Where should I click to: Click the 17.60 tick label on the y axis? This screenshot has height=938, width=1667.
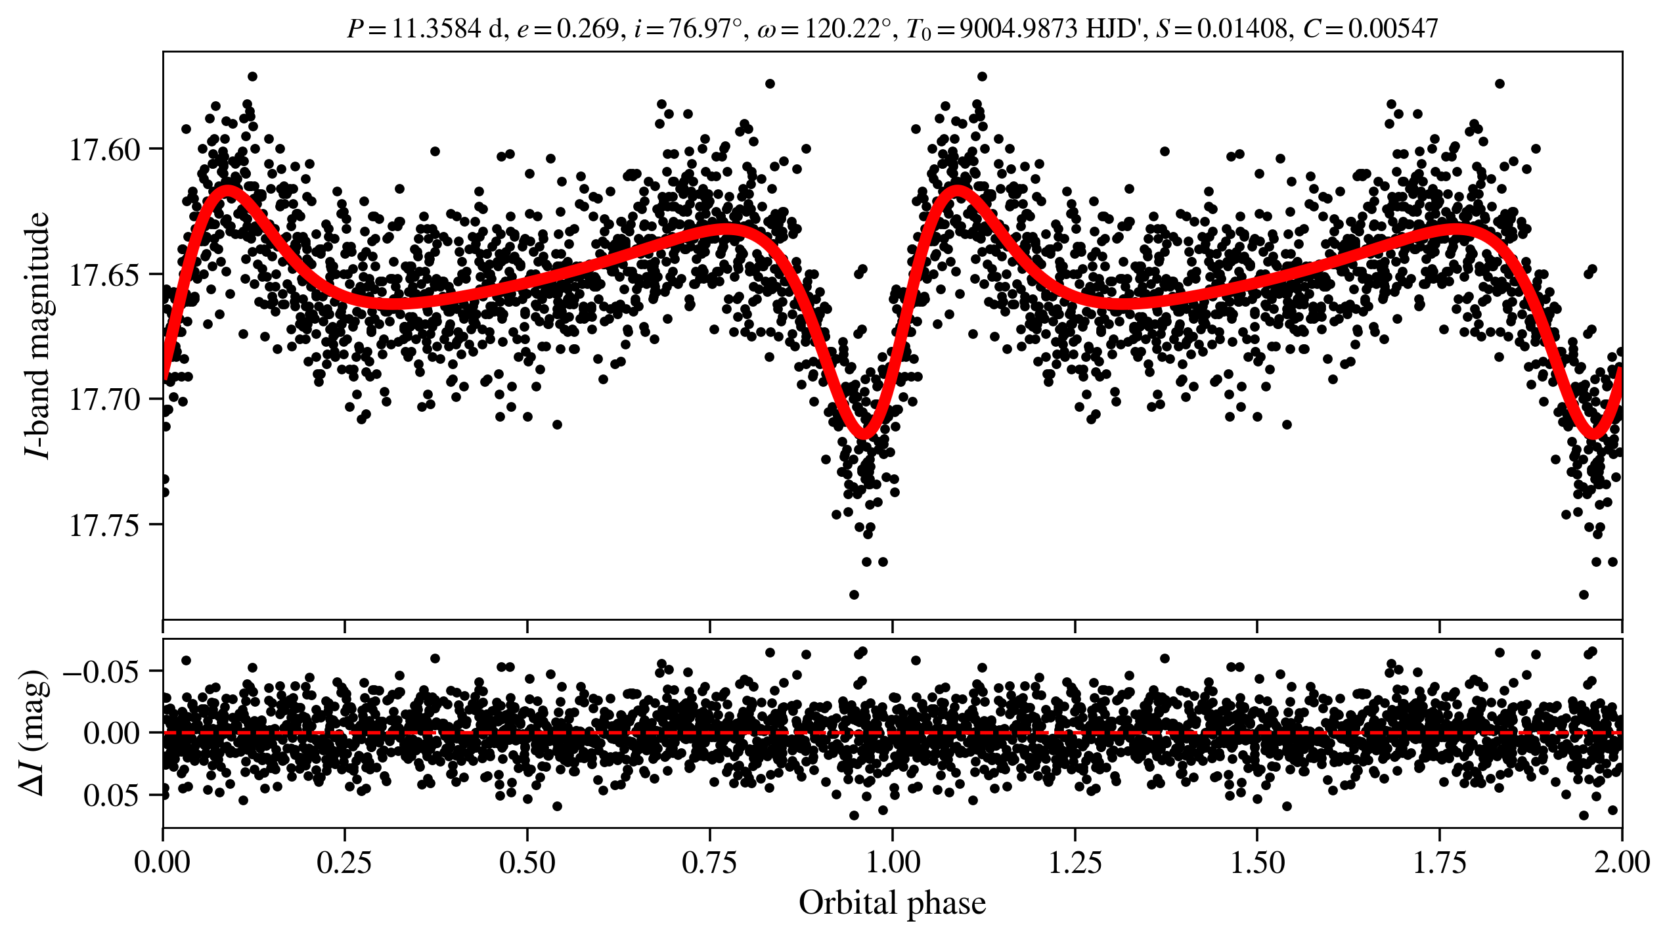click(105, 150)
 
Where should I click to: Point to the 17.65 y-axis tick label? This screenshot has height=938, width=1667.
click(105, 275)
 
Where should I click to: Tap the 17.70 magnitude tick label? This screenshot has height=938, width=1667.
click(105, 400)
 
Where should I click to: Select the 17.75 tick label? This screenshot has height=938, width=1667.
click(105, 525)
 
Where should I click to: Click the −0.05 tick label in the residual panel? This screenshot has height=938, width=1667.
click(100, 672)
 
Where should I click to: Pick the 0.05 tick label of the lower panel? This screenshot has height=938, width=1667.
click(111, 796)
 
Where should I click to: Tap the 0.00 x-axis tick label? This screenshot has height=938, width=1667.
click(163, 862)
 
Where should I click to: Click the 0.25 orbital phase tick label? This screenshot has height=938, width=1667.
click(345, 862)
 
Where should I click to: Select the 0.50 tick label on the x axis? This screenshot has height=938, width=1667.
click(527, 862)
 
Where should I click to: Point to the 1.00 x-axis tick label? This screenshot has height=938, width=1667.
click(893, 862)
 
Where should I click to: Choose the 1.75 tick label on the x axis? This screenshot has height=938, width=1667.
click(1440, 862)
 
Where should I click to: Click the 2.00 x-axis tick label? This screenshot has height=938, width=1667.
click(1621, 862)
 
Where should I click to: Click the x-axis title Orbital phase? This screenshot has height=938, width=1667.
click(892, 903)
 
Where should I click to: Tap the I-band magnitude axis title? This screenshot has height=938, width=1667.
click(38, 336)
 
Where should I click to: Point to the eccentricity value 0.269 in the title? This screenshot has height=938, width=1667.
click(588, 29)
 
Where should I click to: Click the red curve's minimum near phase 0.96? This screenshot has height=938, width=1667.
click(864, 434)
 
